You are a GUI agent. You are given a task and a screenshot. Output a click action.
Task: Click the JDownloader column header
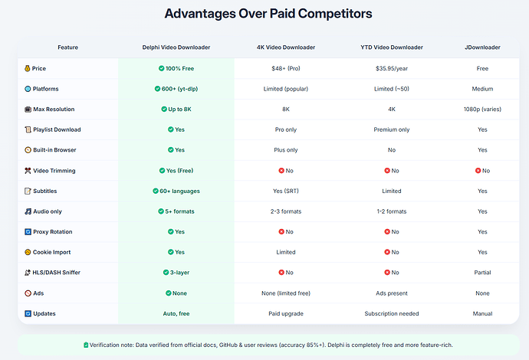pos(482,47)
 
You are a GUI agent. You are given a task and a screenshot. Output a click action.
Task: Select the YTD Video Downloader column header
pos(392,47)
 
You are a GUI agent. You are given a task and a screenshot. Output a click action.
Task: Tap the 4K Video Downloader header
pos(286,47)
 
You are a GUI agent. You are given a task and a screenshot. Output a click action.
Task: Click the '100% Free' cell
pos(176,68)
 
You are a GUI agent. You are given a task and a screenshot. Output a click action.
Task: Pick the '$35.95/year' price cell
pos(392,68)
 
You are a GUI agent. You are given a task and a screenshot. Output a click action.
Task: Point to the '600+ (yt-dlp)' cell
pos(176,89)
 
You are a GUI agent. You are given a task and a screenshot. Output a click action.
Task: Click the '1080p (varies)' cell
pos(482,110)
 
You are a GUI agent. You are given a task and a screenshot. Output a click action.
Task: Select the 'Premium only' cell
pos(392,129)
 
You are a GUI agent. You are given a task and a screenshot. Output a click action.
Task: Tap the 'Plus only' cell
pos(286,150)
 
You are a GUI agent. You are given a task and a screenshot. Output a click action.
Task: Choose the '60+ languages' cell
pos(176,191)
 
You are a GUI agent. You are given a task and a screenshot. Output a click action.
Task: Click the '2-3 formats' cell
pos(286,211)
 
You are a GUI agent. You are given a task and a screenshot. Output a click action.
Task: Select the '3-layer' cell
pos(176,273)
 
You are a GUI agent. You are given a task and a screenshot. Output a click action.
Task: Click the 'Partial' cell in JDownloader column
pos(482,273)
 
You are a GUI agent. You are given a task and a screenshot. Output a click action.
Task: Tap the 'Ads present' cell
pos(392,293)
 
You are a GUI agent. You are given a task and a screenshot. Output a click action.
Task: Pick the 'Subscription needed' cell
pos(392,314)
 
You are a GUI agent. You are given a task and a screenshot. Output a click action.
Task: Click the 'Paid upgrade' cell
pos(286,314)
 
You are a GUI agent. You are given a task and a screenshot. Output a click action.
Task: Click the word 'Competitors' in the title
pos(335,14)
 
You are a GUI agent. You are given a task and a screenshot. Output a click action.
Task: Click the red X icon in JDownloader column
pos(478,171)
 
